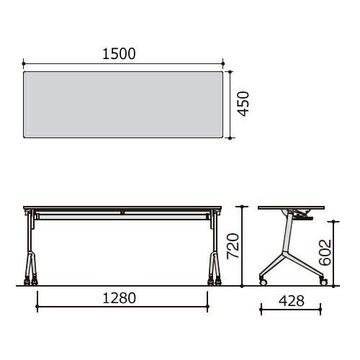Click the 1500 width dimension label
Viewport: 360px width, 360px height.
click(119, 54)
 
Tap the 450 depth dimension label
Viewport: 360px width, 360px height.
click(243, 104)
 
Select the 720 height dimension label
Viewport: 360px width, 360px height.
click(233, 246)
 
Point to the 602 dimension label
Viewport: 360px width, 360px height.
click(325, 252)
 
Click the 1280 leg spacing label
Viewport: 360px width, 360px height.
click(119, 298)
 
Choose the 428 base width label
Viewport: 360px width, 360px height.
click(292, 301)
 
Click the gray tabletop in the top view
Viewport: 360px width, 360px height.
click(123, 104)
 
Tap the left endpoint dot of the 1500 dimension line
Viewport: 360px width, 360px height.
click(24, 63)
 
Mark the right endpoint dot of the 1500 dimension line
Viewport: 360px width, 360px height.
click(223, 63)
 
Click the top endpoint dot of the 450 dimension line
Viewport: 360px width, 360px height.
click(230, 72)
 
